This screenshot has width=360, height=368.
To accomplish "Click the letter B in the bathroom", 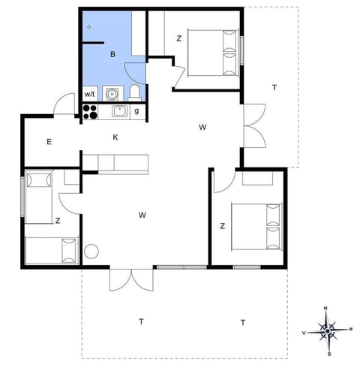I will (x=112, y=54).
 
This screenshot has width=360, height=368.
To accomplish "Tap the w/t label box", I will (x=89, y=94).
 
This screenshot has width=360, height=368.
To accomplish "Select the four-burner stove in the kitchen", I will (x=91, y=112).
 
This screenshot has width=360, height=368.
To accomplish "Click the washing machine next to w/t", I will (x=111, y=93).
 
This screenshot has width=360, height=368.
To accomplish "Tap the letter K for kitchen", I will (x=115, y=137).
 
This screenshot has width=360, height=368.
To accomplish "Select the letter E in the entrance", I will (x=49, y=142).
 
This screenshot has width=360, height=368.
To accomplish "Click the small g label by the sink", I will (x=136, y=111).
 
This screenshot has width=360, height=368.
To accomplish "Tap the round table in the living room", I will (x=92, y=252).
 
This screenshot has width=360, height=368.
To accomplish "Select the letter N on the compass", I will (x=326, y=309).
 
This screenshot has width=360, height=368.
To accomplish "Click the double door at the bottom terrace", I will (x=125, y=279).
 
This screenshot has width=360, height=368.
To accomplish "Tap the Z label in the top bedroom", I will (x=179, y=38).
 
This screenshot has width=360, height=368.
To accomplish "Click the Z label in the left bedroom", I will (x=57, y=220).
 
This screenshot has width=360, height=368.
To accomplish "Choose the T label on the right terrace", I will (x=274, y=88).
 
